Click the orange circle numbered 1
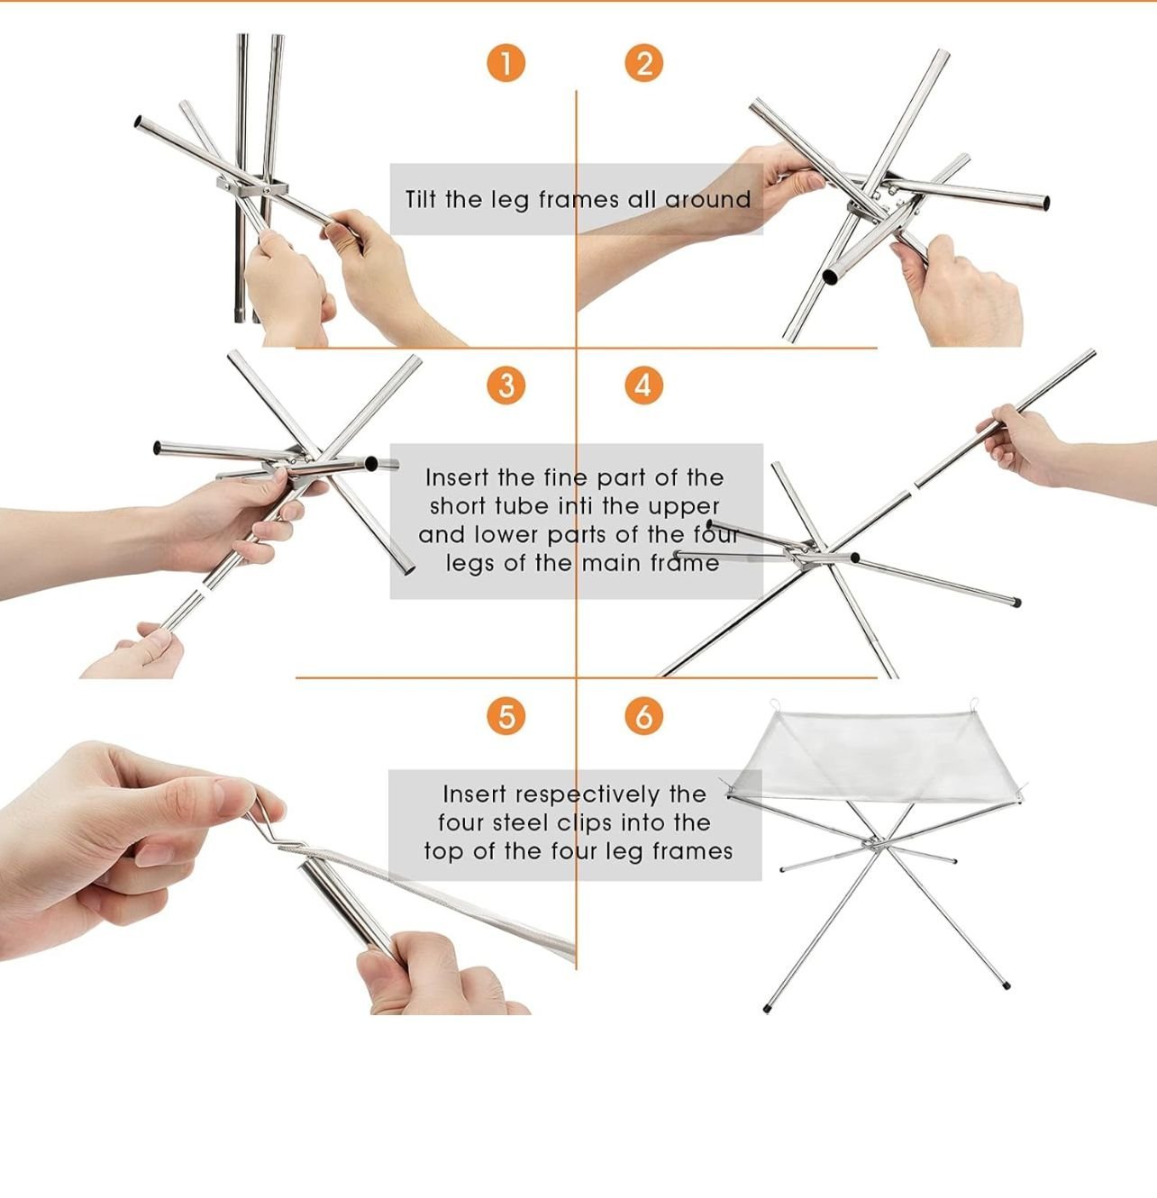pos(506,63)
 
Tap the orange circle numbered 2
pos(643,63)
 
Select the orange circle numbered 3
pos(506,386)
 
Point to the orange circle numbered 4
pos(643,386)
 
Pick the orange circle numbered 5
pos(506,717)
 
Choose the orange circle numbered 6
pos(643,717)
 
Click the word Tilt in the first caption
pos(421,199)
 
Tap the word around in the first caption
pos(708,200)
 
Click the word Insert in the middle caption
pos(458,477)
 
